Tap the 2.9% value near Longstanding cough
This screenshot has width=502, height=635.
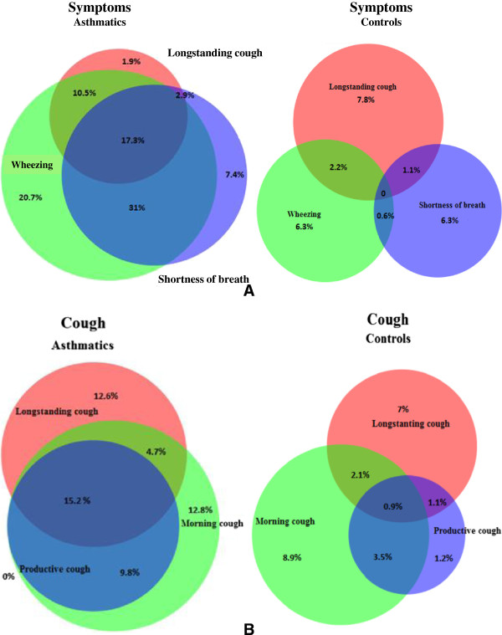(x=185, y=96)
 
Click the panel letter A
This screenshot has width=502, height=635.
(x=248, y=291)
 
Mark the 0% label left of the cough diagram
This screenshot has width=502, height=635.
(x=9, y=576)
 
